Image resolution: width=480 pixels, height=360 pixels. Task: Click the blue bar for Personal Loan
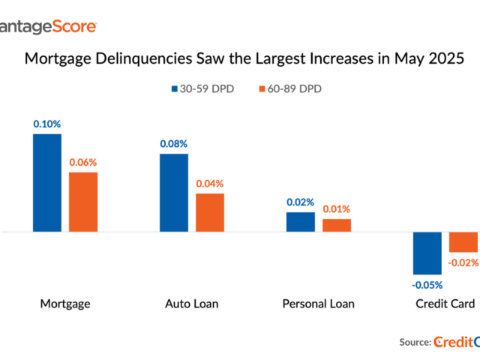click(x=301, y=222)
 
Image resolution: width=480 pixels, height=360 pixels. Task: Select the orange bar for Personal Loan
click(x=337, y=225)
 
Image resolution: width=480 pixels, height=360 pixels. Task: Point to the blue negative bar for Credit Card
click(x=427, y=253)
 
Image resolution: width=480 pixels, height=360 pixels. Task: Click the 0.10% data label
click(x=46, y=124)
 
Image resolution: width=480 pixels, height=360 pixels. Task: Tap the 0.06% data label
click(x=83, y=162)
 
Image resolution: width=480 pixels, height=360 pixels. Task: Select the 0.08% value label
click(x=174, y=143)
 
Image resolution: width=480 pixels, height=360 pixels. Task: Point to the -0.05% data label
click(x=427, y=285)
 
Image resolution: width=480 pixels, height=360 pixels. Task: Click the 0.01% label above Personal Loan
click(x=337, y=208)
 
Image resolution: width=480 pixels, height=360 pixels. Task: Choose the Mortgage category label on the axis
click(x=65, y=304)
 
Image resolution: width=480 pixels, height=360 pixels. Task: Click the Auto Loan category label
click(x=192, y=304)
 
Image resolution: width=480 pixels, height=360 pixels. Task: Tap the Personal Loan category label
click(x=318, y=304)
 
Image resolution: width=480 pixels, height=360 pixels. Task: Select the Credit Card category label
click(x=445, y=304)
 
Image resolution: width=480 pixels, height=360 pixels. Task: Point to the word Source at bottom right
click(x=414, y=341)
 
